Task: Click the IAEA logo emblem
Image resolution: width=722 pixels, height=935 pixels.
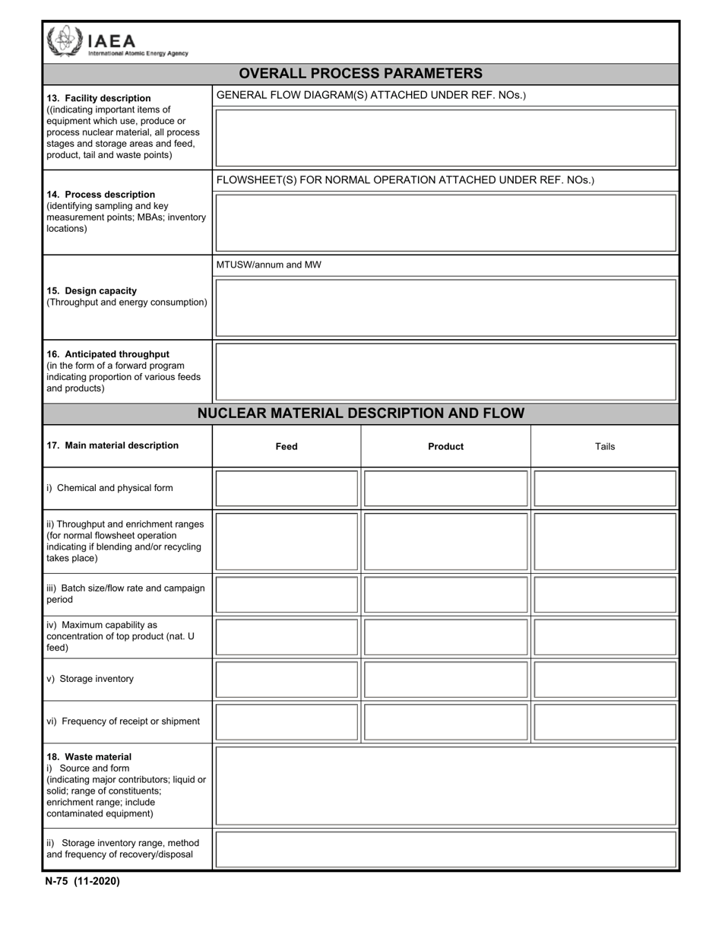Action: point(63,41)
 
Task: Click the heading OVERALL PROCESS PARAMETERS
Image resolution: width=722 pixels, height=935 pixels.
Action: point(360,74)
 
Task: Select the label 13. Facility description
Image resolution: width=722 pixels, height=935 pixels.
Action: point(99,98)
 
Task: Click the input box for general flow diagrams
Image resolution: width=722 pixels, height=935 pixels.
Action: point(445,138)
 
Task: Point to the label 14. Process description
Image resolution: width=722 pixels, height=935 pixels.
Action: point(100,195)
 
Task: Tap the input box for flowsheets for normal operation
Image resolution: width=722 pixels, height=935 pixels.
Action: point(445,223)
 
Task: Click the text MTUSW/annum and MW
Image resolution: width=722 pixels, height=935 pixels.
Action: point(268,265)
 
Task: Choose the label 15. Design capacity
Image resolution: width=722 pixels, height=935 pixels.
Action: point(91,290)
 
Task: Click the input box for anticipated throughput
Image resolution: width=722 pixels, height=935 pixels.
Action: point(445,372)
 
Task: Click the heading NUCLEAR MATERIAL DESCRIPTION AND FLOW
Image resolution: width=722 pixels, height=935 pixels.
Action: point(360,414)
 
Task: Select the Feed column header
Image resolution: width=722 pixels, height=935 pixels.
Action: point(286,446)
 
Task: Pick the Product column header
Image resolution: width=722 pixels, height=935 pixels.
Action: point(445,446)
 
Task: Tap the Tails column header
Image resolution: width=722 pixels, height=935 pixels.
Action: point(605,446)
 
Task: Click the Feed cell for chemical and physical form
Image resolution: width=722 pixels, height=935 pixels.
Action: point(286,488)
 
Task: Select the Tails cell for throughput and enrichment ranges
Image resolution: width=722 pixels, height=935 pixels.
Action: point(605,541)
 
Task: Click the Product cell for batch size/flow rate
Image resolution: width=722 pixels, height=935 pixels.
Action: point(445,594)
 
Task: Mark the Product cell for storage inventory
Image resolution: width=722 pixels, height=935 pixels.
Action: point(445,680)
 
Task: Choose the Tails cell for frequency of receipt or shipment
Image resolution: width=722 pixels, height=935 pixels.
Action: point(605,721)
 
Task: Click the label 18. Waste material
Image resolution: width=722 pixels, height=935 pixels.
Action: point(88,757)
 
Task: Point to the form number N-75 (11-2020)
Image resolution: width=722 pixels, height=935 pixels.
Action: point(82,882)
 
